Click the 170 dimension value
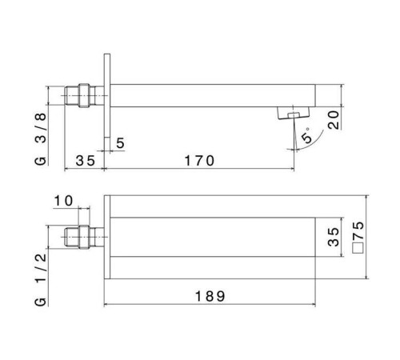click(x=199, y=161)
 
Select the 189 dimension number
click(x=210, y=296)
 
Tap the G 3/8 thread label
click(x=41, y=139)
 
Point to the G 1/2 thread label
click(x=41, y=279)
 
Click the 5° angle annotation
click(x=307, y=135)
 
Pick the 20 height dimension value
click(x=334, y=120)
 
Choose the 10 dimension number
click(x=63, y=201)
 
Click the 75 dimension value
click(x=358, y=230)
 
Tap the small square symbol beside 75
click(x=358, y=248)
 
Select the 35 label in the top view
click(x=86, y=161)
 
